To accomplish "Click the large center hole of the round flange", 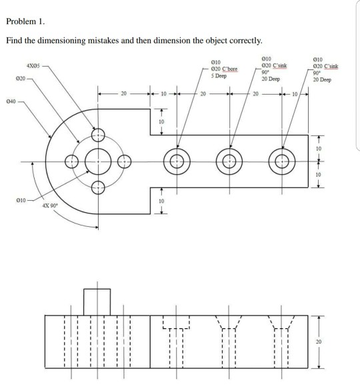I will click(x=98, y=161).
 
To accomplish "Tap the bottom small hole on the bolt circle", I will click(x=98, y=187).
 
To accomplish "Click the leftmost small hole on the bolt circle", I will click(x=71, y=161).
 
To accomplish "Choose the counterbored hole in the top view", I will click(x=177, y=161).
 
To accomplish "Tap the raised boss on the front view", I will click(x=97, y=301).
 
